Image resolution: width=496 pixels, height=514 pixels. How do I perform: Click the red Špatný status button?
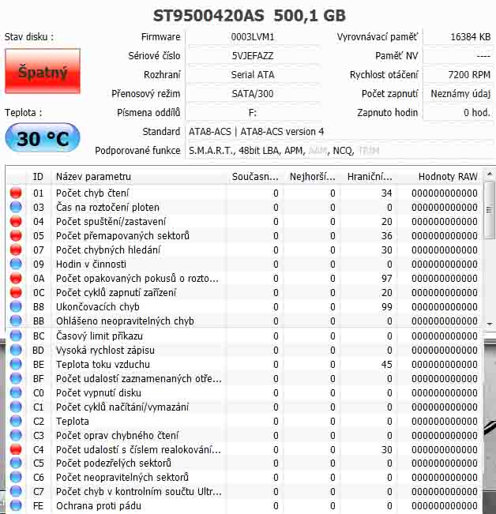[x=43, y=72]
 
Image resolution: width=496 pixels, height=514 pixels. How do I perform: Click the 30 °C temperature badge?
[x=43, y=139]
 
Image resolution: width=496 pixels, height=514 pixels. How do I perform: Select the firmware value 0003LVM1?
[x=252, y=37]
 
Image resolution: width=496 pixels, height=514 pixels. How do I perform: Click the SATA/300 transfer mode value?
[x=252, y=94]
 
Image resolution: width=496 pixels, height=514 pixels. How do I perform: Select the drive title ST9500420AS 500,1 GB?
[x=248, y=16]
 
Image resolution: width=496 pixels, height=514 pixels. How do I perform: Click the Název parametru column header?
[x=93, y=177]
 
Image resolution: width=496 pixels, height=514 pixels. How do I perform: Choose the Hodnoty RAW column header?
[x=447, y=177]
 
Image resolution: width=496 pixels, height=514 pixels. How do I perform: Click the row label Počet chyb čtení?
[x=92, y=193]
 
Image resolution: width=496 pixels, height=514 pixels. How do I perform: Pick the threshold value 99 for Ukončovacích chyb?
[x=386, y=307]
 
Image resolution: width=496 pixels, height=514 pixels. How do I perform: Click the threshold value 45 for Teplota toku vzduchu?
[x=386, y=365]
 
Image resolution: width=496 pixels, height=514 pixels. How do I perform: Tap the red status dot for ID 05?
[x=16, y=236]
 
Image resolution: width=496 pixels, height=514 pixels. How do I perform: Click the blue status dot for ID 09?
[x=16, y=265]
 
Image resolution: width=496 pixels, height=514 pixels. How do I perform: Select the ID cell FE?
[x=39, y=506]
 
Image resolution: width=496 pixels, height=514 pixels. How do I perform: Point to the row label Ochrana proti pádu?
[x=98, y=506]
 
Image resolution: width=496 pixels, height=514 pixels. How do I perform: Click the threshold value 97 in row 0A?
[x=386, y=279]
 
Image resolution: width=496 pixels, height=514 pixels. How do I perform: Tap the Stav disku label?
[x=29, y=37]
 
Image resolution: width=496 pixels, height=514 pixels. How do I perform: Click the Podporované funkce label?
[x=137, y=150]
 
